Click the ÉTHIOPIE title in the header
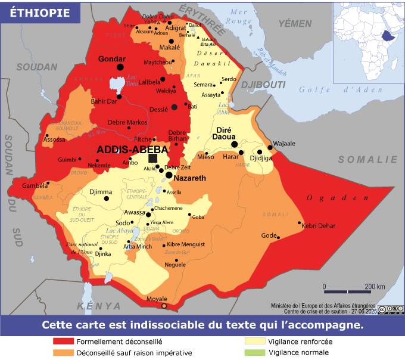point(39,13)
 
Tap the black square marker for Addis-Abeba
point(153,158)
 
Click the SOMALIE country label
point(367,159)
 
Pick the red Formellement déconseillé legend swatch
point(63,342)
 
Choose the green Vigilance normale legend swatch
point(255,352)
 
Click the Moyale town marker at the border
point(164,306)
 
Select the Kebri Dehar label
point(319,226)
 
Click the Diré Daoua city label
point(224,133)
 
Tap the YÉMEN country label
point(295,24)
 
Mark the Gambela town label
point(34,186)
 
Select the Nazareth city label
point(189,178)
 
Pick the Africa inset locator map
point(367,42)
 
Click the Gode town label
point(269,235)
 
